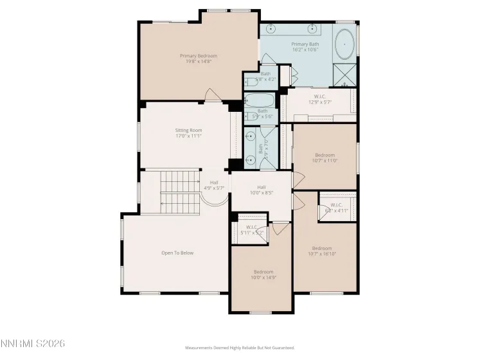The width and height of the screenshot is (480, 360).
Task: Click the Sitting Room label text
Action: pos(188,130)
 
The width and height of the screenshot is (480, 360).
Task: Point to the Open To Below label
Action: pos(177,253)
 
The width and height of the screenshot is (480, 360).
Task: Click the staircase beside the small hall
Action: pos(179,192)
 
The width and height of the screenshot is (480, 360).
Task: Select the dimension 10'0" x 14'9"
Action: pos(263,278)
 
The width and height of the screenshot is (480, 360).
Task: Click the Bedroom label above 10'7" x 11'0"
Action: pos(324,155)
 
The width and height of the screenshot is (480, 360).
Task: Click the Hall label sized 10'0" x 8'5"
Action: pos(262,187)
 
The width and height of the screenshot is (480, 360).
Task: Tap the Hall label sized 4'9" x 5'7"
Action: pos(213,183)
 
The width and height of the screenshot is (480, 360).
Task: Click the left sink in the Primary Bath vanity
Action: pos(271,29)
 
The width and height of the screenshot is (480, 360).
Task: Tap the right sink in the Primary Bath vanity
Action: pos(314,29)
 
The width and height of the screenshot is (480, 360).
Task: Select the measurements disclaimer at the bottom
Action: pos(240,348)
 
